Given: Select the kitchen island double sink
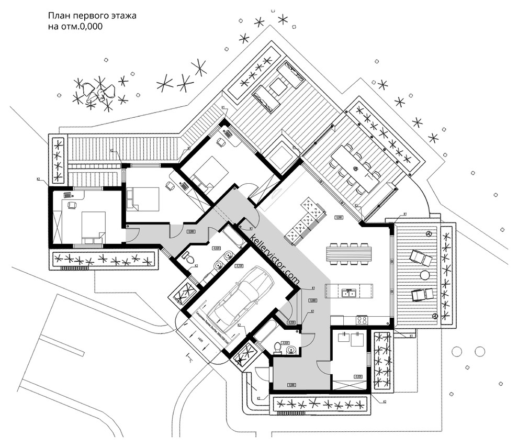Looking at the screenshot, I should click(x=349, y=293).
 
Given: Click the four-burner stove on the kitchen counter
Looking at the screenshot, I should click(x=362, y=319).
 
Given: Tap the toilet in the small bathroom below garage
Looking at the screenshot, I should click(x=278, y=348).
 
